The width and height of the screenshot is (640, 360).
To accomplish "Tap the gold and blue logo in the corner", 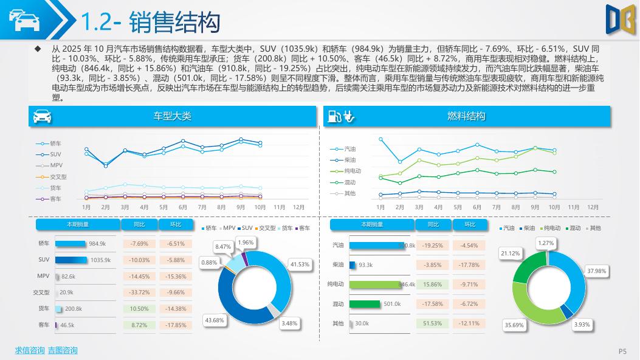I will [618, 18].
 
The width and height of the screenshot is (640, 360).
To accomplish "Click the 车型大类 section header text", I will [173, 116].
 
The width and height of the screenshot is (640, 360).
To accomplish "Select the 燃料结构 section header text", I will [466, 116].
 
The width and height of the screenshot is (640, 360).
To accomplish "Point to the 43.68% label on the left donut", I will [214, 320].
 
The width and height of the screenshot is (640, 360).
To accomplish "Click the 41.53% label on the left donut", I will [300, 265].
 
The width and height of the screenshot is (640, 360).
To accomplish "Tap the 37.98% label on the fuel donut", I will [596, 271].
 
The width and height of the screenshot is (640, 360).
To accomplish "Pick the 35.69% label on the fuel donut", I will [514, 325].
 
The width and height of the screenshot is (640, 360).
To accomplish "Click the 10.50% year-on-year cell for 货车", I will [139, 308].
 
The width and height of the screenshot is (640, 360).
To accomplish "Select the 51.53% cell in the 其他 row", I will [433, 323].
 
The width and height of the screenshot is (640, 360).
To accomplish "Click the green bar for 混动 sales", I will [365, 303].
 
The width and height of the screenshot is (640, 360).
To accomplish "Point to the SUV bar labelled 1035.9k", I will [71, 260].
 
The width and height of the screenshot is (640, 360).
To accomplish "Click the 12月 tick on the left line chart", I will [298, 207].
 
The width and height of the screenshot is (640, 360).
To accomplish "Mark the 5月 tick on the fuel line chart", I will [458, 207].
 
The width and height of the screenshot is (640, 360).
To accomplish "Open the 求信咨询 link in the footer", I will [30, 350].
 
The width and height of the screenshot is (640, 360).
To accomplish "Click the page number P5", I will [622, 351].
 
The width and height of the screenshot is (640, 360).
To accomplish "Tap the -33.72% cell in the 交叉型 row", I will [139, 292].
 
